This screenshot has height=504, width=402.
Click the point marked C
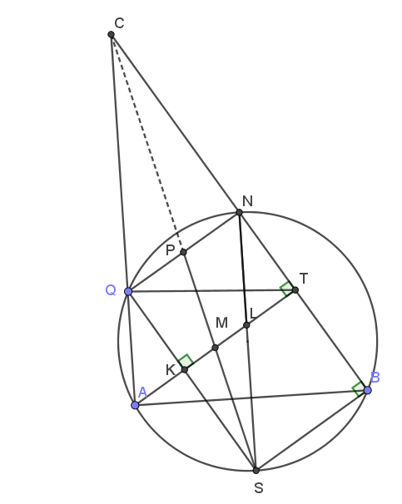[x=111, y=34]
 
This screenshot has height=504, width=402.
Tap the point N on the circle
[x=239, y=212]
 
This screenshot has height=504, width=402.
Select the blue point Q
[x=128, y=292]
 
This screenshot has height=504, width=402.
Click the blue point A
[x=135, y=405]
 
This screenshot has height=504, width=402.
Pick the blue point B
[x=368, y=390]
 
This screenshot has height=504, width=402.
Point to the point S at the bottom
[x=256, y=471]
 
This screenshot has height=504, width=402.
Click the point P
[x=183, y=252]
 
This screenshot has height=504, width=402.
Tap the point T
[x=295, y=290]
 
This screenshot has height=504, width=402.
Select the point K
[x=184, y=369]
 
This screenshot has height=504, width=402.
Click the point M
[x=216, y=348]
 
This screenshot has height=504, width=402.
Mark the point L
[x=246, y=325]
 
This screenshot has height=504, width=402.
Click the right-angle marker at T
[x=286, y=289]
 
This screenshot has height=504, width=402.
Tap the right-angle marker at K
[x=186, y=361]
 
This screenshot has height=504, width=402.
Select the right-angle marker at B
[x=359, y=389]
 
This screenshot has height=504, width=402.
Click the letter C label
[x=119, y=23]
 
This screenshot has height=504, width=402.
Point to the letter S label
[x=259, y=488]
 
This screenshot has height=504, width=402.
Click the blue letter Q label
[x=111, y=290]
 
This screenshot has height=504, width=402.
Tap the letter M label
[x=222, y=323]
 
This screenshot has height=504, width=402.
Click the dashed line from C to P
[x=147, y=143]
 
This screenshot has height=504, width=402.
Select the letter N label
[x=248, y=201]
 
